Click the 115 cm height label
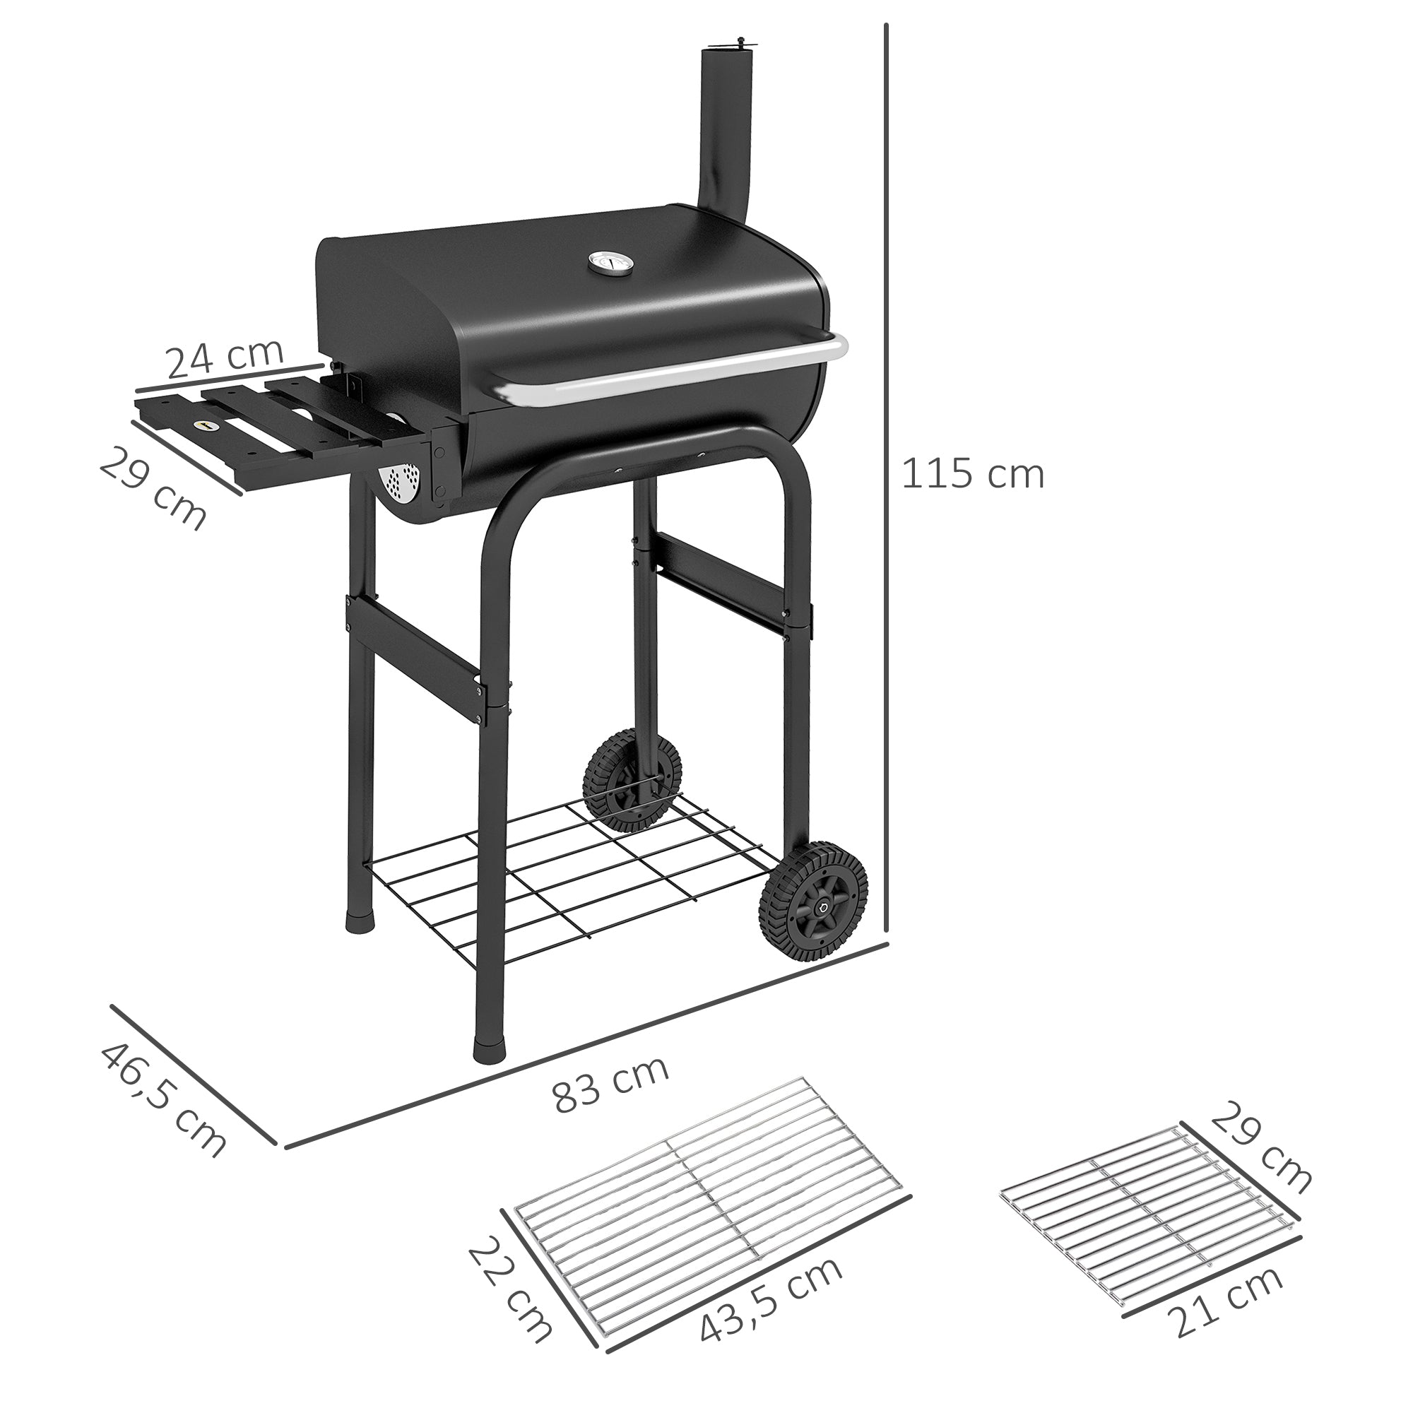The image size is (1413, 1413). pyautogui.click(x=973, y=474)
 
